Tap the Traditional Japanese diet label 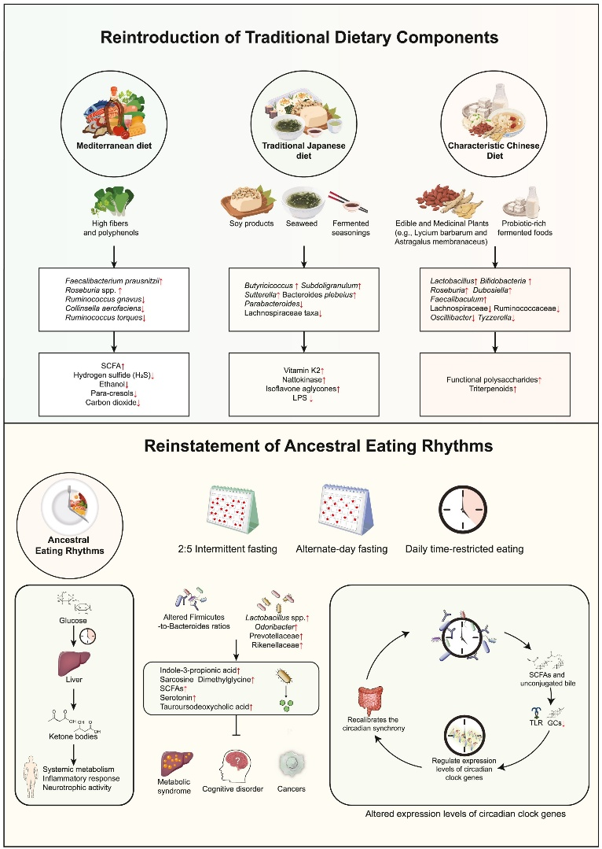pos(304,149)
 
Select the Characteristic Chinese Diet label pos(494,149)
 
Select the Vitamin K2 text pos(303,370)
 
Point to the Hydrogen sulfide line pos(116,375)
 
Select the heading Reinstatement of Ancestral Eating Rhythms pos(301,446)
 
